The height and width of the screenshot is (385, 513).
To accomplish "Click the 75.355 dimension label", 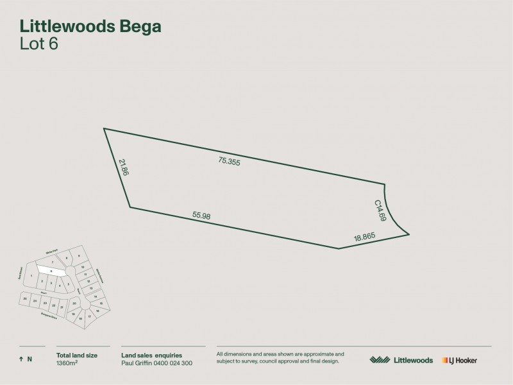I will [x=229, y=162].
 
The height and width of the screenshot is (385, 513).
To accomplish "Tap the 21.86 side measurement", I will [x=124, y=167].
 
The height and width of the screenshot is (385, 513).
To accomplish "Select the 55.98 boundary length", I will [x=201, y=216].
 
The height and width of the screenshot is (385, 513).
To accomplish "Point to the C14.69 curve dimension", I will [x=380, y=210].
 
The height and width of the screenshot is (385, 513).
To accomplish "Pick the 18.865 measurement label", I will [x=364, y=237].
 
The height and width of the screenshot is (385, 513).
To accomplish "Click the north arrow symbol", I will [x=21, y=359].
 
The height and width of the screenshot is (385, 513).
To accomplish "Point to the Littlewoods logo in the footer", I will [x=401, y=361].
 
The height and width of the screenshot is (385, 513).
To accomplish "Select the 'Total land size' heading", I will [x=76, y=354].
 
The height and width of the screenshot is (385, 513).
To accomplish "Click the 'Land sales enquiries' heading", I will [x=151, y=354].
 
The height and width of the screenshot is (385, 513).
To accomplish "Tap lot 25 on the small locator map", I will [x=24, y=299].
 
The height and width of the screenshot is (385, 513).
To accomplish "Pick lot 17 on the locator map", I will [x=89, y=317].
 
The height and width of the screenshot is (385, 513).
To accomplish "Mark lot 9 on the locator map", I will [x=80, y=256].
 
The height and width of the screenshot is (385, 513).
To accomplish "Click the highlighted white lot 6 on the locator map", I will [x=51, y=271].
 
